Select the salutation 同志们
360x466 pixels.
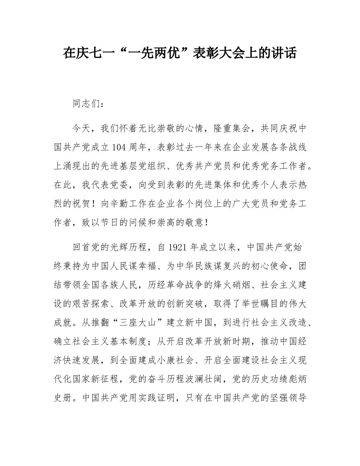[87, 104]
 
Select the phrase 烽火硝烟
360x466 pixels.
[228, 285]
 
